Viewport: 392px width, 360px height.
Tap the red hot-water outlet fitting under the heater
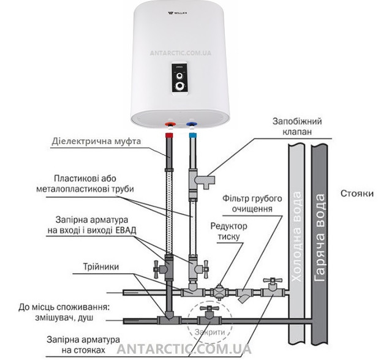pos(169,126)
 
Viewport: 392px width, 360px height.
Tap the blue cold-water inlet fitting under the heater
pos(193,126)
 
